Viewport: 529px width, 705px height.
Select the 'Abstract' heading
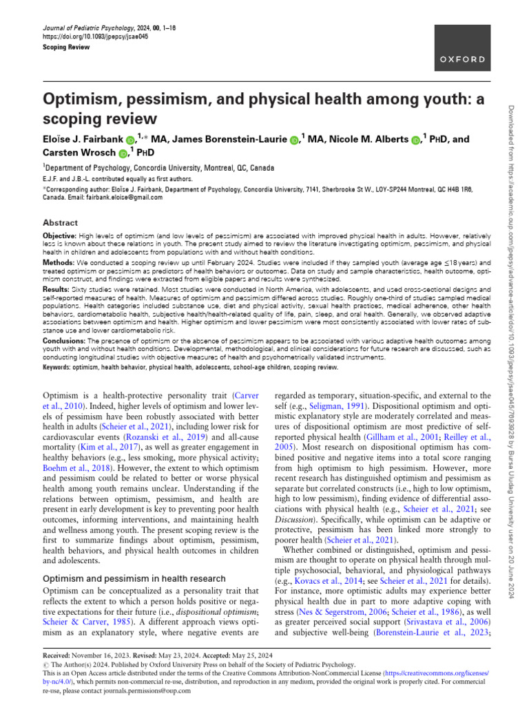[x=61, y=223]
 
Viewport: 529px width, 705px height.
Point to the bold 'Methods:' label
[x=59, y=263]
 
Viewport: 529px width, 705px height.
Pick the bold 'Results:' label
[x=57, y=291]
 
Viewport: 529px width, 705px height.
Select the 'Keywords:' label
[x=59, y=368]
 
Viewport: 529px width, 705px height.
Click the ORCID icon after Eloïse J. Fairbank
[x=130, y=140]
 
